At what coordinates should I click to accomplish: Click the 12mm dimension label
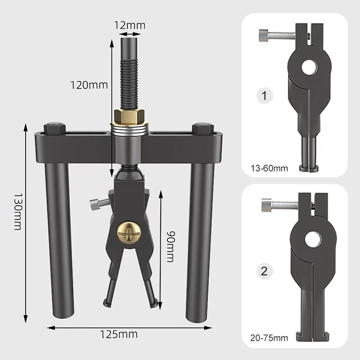tap(130, 25)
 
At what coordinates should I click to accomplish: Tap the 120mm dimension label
tap(89, 84)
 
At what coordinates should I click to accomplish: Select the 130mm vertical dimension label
tap(18, 211)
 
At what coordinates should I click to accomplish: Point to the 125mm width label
tap(119, 334)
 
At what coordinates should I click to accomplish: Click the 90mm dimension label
tap(170, 246)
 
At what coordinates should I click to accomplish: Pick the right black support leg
tap(199, 238)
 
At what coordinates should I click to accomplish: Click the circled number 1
tap(264, 95)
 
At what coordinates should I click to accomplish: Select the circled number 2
tap(264, 271)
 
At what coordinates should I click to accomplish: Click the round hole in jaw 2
tap(313, 239)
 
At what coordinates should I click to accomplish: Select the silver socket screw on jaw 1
tap(274, 34)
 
